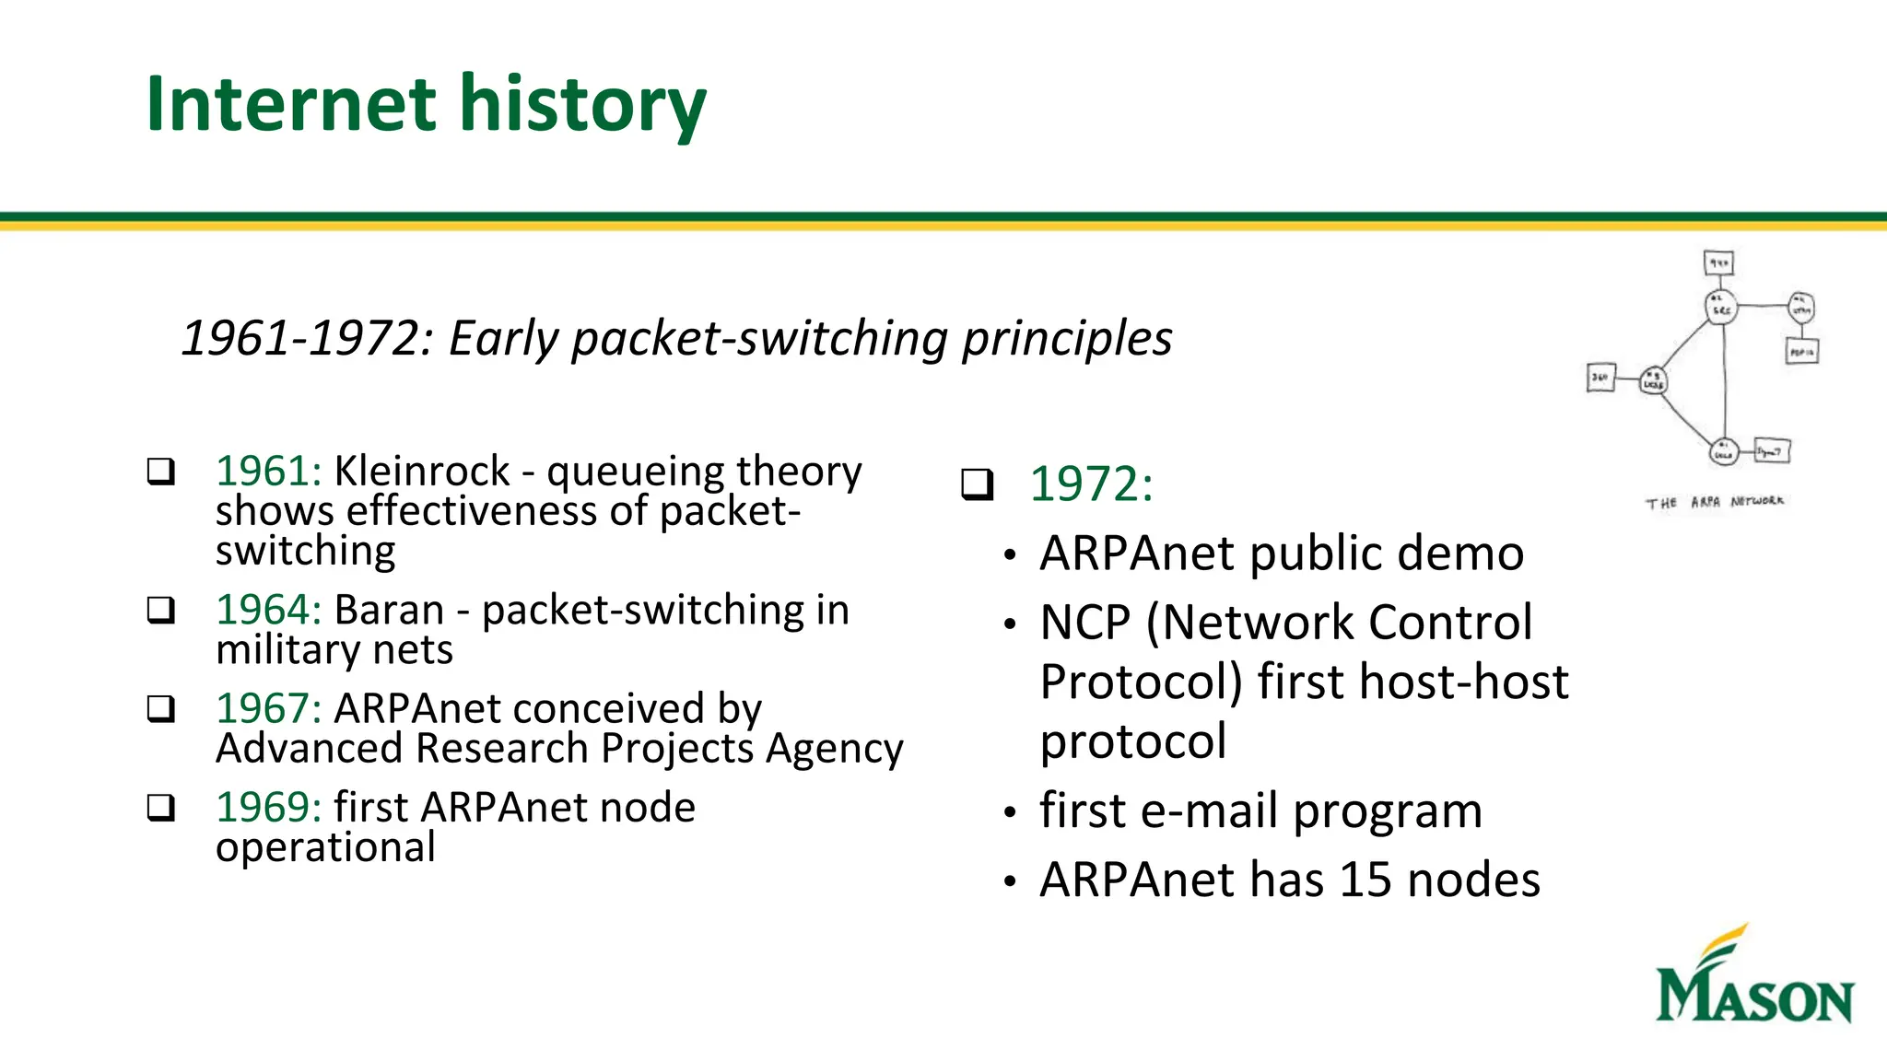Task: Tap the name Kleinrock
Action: (421, 472)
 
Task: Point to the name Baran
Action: (389, 611)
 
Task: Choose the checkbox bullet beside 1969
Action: (161, 808)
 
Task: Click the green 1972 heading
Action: (1091, 484)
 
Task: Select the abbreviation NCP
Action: (1084, 623)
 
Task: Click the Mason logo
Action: (1753, 976)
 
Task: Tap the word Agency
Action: (834, 749)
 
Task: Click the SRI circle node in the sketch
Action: (1720, 306)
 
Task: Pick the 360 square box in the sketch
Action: (1600, 378)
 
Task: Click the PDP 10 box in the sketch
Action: (1801, 352)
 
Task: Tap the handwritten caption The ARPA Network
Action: (1715, 502)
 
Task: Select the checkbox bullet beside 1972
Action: (977, 484)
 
